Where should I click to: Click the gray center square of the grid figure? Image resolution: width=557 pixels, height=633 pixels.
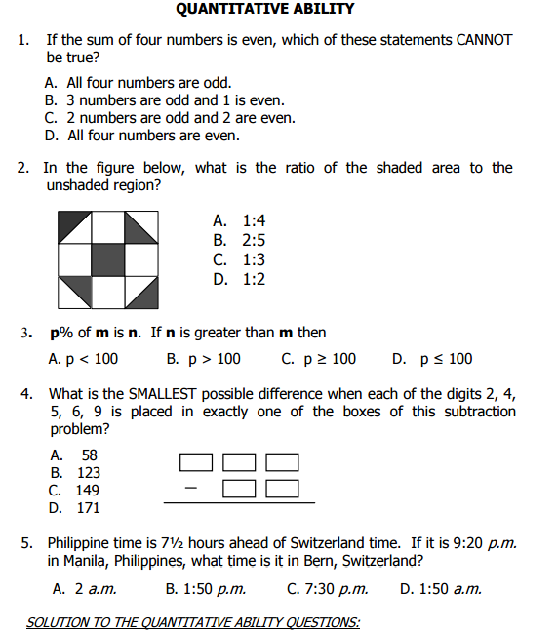tap(107, 259)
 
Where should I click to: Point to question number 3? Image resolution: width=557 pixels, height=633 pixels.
tap(24, 333)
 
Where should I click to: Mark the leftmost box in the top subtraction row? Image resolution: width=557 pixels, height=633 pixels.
tap(196, 461)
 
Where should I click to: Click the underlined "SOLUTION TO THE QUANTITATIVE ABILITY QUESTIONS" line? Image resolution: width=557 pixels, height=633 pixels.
tap(193, 622)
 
